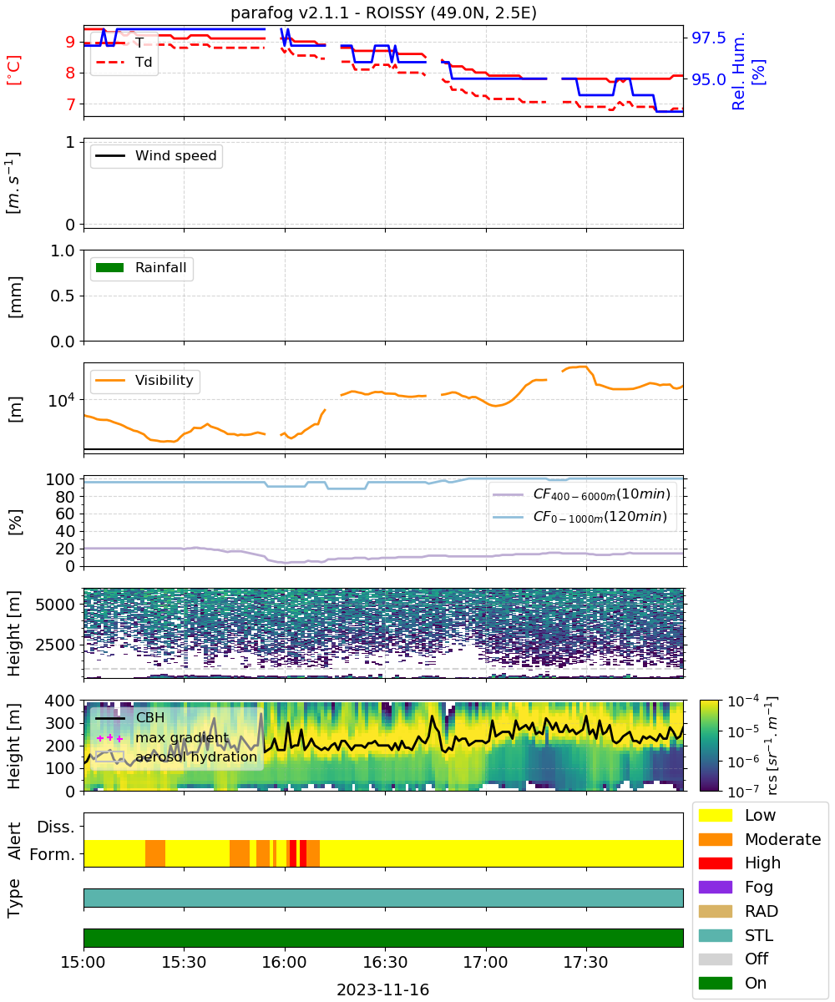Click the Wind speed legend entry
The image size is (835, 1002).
pyautogui.click(x=156, y=155)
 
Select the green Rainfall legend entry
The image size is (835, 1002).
pyautogui.click(x=140, y=267)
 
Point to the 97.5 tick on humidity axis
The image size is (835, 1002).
pyautogui.click(x=708, y=38)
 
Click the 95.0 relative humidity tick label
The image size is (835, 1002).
pyautogui.click(x=708, y=79)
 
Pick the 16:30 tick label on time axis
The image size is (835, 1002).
pyautogui.click(x=385, y=962)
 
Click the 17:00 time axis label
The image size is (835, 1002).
pyautogui.click(x=485, y=962)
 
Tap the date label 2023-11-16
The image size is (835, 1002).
pyautogui.click(x=383, y=989)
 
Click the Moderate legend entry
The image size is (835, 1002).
pyautogui.click(x=760, y=839)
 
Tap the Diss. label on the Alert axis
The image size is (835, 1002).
pyautogui.click(x=56, y=827)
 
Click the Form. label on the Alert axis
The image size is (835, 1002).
pyautogui.click(x=53, y=854)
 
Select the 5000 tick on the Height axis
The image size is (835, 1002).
pyautogui.click(x=55, y=605)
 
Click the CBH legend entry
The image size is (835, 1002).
pyautogui.click(x=129, y=717)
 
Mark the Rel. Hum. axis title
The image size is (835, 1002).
pyautogui.click(x=739, y=71)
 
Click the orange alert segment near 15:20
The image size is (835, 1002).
pyautogui.click(x=155, y=853)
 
